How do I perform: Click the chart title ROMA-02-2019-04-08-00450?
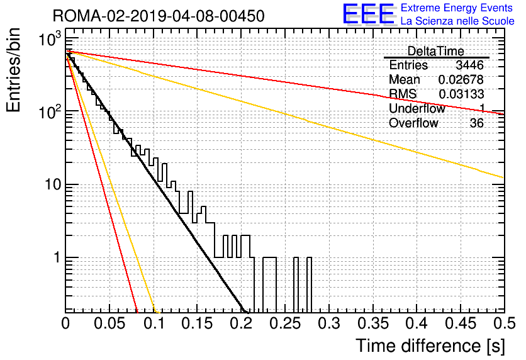pos(159,16)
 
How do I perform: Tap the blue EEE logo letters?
pos(369,14)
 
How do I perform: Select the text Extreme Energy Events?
pos(457,8)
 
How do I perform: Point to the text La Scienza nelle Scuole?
pos(457,21)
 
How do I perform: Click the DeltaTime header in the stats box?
pos(436,52)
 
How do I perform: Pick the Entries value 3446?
pos(469,65)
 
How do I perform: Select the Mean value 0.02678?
pos(461,79)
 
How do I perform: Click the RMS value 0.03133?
pos(461,94)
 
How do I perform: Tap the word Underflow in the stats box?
pos(417,108)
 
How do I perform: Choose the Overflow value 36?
pos(477,123)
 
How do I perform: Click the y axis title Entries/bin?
pos(13,70)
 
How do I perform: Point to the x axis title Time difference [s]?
pos(430,346)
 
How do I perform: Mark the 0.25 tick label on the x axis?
pos(285,323)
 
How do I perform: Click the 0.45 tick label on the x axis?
pos(461,323)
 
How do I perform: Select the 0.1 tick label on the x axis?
pos(154,323)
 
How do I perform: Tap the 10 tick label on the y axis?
pos(53,184)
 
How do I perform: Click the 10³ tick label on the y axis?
pos(49,39)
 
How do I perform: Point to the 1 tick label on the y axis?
pos(57,257)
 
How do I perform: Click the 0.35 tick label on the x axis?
pos(373,323)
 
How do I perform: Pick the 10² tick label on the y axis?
pos(49,112)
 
